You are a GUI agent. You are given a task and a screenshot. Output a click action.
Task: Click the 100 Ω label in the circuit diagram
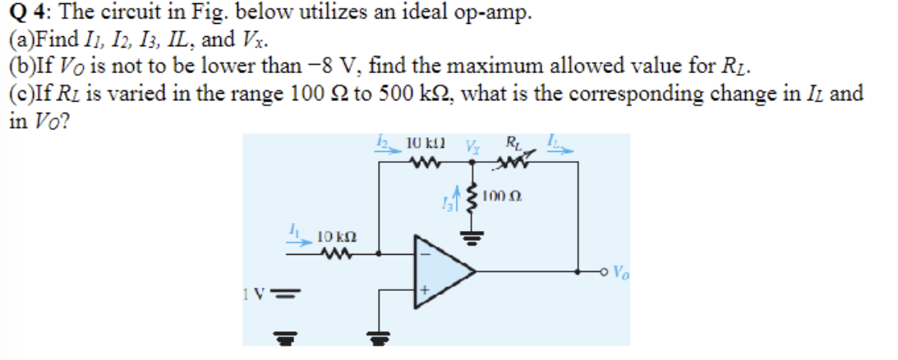[x=500, y=198]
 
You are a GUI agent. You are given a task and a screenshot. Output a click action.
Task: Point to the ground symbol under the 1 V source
[x=283, y=335]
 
